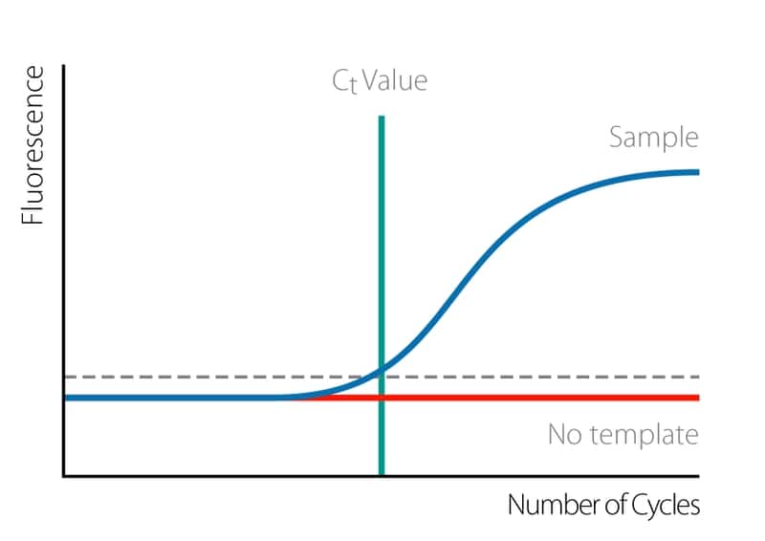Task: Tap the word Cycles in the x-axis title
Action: pyautogui.click(x=666, y=505)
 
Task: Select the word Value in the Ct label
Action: pyautogui.click(x=396, y=80)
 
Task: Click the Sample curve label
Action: pyautogui.click(x=654, y=138)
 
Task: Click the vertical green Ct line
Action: pyautogui.click(x=382, y=239)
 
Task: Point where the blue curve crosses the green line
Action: pyautogui.click(x=382, y=369)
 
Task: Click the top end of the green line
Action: pyautogui.click(x=382, y=119)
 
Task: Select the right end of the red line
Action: pyautogui.click(x=697, y=398)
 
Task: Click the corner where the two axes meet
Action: pyautogui.click(x=64, y=475)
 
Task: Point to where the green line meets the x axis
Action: pyautogui.click(x=382, y=474)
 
